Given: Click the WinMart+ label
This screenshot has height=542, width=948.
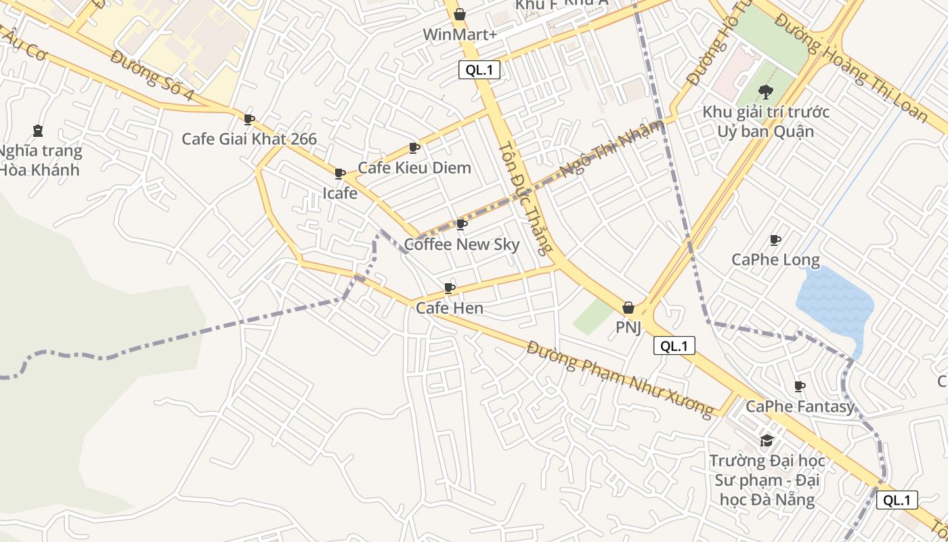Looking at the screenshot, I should click(x=459, y=35).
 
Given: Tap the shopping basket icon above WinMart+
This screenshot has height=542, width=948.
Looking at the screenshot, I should click(x=460, y=14).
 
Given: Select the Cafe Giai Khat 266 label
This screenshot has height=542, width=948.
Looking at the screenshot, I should click(x=249, y=140).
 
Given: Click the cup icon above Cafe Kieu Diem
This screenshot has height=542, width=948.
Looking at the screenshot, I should click(x=414, y=148).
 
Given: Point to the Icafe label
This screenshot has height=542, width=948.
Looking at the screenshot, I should click(x=340, y=193).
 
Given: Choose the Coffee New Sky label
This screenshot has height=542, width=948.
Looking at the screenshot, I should click(x=462, y=245).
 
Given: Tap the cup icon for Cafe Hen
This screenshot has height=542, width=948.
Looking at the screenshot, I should click(x=450, y=289).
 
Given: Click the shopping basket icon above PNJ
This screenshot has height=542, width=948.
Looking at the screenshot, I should click(x=628, y=308).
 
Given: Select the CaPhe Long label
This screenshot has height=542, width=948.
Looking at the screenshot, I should click(x=775, y=260).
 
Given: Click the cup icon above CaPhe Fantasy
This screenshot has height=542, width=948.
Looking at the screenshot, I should click(x=800, y=386).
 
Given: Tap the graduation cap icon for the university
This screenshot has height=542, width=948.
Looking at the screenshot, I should click(x=767, y=441).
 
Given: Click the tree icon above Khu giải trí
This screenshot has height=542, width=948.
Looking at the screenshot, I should click(x=766, y=91).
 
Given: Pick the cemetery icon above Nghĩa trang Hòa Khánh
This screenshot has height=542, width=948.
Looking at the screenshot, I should click(x=38, y=131).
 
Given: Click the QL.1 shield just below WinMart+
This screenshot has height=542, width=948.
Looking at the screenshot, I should click(x=479, y=70).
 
